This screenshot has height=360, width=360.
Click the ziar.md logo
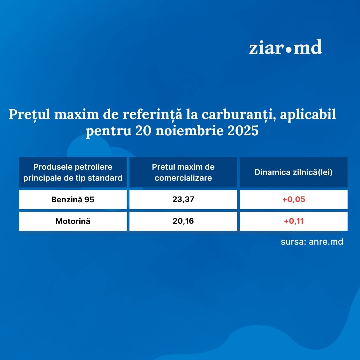pos(285,47)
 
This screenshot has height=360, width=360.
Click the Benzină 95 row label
pos(73,200)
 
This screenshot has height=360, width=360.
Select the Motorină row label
pos(73,221)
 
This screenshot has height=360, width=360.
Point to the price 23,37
pos(183,199)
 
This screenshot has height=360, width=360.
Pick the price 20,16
pos(183,221)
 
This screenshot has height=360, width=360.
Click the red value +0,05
pos(294,199)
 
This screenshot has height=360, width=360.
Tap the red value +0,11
pos(294,221)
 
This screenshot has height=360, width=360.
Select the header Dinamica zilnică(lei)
pos(293,172)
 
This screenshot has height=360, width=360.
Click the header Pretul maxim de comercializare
pos(183,172)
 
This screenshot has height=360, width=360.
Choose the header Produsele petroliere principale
pos(73,172)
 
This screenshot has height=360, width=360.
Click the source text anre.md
pos(326,242)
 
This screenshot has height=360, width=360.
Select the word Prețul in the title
pos(29,114)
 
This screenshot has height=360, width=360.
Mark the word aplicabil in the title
pos(308,114)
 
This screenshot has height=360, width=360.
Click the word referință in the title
pos(152,114)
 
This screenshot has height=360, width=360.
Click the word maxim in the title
pos(77,114)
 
